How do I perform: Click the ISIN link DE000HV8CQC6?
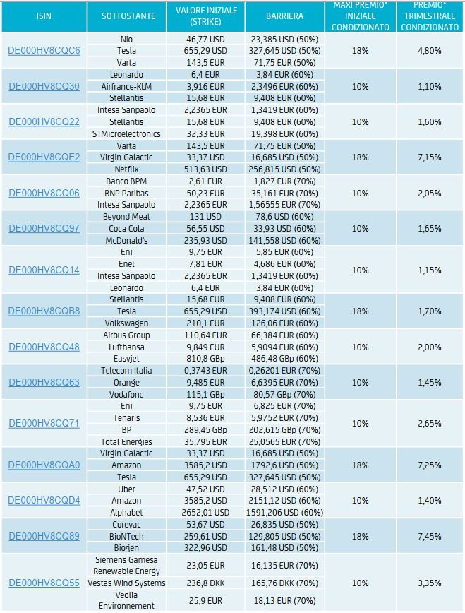(x=44, y=51)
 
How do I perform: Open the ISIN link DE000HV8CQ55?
(x=44, y=583)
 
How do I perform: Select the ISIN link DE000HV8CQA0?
(x=44, y=465)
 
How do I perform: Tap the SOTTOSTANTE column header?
(x=128, y=16)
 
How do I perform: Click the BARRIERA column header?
(x=284, y=16)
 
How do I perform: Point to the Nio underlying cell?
(x=126, y=40)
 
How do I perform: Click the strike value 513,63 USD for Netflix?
(x=205, y=169)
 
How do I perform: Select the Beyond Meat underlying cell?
(x=126, y=217)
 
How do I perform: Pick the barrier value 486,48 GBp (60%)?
(x=284, y=359)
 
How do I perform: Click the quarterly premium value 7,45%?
(x=430, y=537)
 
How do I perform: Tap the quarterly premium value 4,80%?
(x=430, y=51)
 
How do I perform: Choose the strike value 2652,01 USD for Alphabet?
(x=205, y=513)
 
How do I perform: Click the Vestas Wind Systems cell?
(x=126, y=583)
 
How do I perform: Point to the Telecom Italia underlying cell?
(x=126, y=371)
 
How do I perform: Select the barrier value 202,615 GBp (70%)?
(x=284, y=430)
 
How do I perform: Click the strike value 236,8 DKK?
(x=205, y=583)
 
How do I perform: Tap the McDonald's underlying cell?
(x=126, y=240)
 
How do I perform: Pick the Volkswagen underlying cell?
(x=126, y=323)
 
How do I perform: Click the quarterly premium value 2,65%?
(x=430, y=424)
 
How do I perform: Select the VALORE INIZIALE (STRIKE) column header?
(x=206, y=16)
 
